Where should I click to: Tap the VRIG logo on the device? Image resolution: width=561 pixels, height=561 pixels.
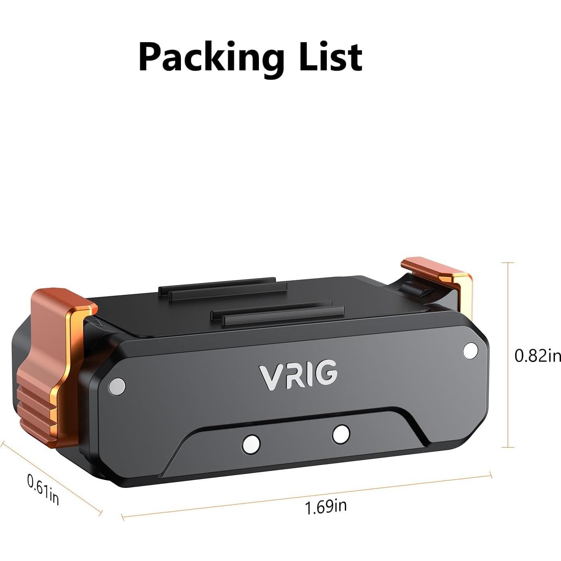(x=298, y=375)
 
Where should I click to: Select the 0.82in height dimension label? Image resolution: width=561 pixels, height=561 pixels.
(x=537, y=355)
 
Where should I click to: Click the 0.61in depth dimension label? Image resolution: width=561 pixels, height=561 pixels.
(x=43, y=490)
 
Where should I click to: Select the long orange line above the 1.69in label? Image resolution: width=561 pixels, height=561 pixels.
(x=307, y=495)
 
